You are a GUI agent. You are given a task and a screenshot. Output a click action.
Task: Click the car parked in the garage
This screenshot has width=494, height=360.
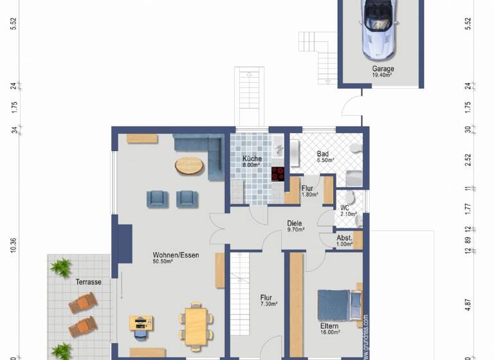pos(380,30)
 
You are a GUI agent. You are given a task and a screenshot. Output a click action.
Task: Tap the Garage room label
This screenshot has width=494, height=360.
pos(383,69)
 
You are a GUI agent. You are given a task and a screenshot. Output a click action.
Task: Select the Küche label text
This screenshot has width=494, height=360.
pos(251,159)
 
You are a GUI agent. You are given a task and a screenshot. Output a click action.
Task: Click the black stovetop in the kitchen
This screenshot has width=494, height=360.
pos(278,174)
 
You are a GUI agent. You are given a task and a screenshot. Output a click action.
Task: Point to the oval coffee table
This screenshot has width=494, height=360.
pos(189,166)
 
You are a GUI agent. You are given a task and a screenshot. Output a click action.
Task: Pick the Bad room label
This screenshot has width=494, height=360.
pos(323,154)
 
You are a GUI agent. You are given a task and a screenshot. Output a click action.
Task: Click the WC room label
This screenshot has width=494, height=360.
pos(345,208)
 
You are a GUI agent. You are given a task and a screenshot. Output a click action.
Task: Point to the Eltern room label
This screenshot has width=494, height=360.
pos(329,327)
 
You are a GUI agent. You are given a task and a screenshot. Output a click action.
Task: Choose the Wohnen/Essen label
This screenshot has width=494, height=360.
pos(176,255)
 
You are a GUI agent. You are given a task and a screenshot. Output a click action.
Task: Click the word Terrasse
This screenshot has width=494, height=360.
pos(89,282)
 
